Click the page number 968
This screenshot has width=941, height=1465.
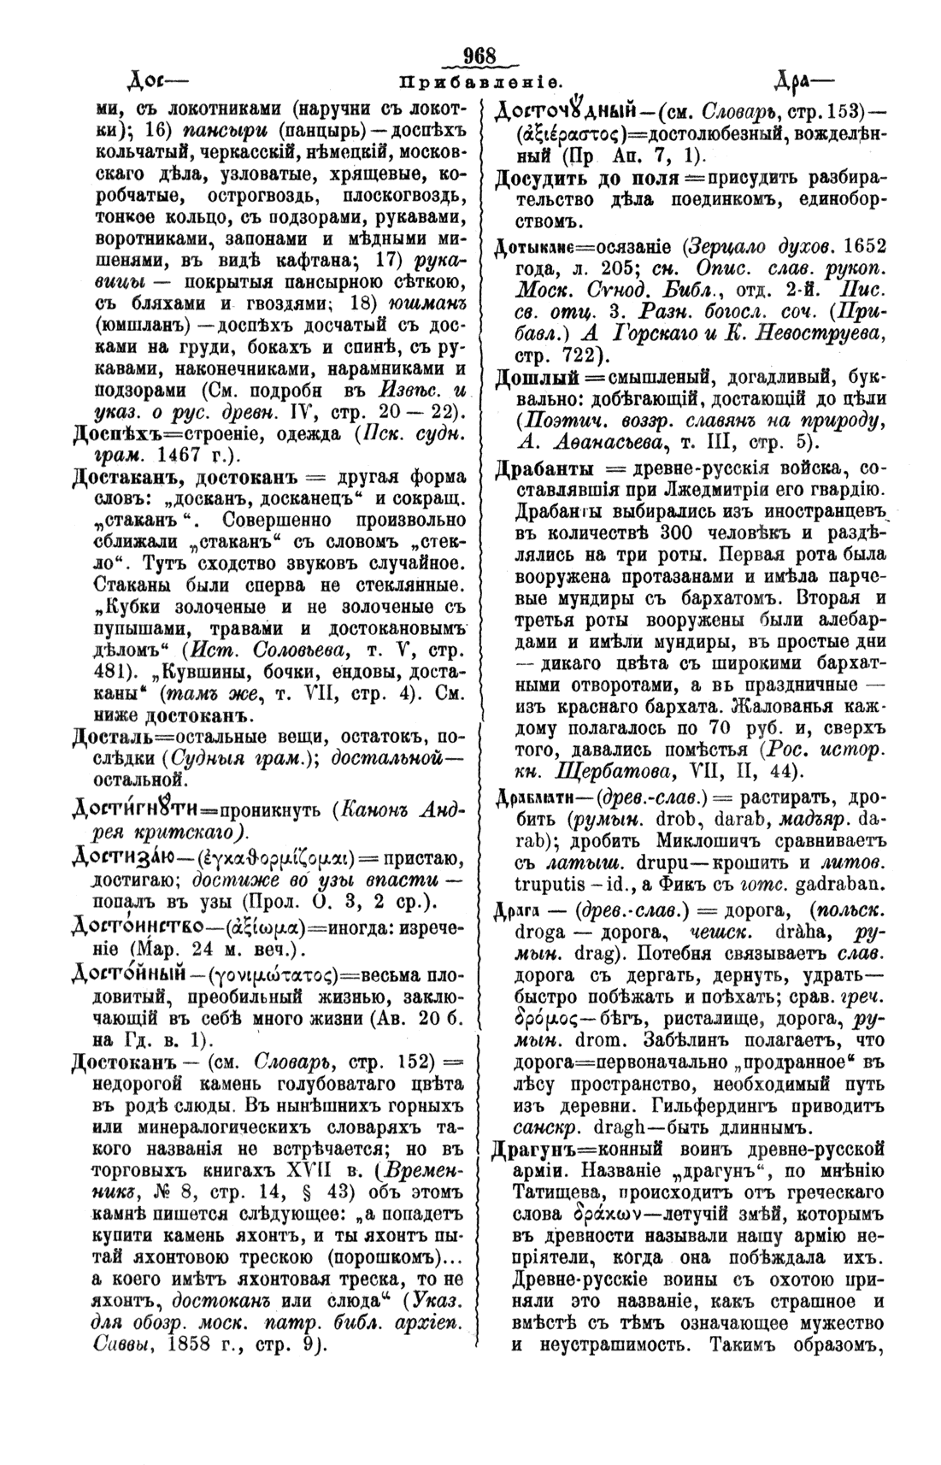pos(479,56)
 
